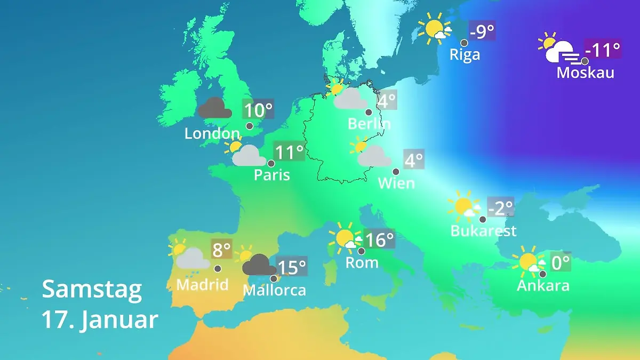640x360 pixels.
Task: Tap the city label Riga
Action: pos(465,54)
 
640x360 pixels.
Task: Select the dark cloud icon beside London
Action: pos(215,108)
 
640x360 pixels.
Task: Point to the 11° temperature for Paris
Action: pos(289,152)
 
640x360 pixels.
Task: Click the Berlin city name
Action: pos(369,124)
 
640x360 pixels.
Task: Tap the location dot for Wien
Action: pos(396,172)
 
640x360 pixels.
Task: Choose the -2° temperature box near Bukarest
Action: pos(500,207)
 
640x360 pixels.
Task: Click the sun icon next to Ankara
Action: pos(529,262)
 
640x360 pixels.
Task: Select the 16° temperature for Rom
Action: pos(379,239)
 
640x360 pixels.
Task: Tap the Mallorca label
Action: pos(274,290)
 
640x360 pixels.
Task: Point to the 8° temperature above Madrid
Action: pos(222,249)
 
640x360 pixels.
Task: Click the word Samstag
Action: pos(92,289)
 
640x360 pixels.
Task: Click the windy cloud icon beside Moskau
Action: pos(560,52)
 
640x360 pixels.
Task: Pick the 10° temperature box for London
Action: pos(258,110)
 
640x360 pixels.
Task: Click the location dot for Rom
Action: pos(361,251)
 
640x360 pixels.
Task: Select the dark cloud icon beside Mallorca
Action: pos(259,265)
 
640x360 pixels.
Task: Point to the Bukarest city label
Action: pos(483,230)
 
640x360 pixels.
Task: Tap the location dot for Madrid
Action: pos(218,269)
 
